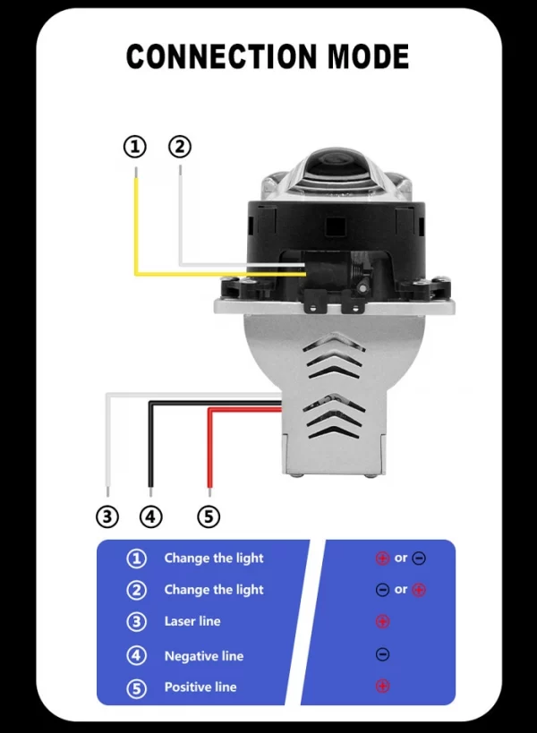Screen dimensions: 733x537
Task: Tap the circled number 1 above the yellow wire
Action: click(x=134, y=146)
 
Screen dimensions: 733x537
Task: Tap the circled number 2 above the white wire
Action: click(x=180, y=146)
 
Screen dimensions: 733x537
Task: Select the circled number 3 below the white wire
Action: click(x=107, y=516)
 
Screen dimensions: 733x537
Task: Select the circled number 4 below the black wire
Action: click(x=151, y=516)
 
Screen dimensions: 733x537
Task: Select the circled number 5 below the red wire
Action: click(x=208, y=516)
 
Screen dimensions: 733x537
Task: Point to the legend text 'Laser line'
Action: click(x=192, y=621)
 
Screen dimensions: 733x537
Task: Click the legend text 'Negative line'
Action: click(x=203, y=656)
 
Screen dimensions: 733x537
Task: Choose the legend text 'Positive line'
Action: click(x=200, y=686)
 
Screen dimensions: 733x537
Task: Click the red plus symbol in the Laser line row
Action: click(x=382, y=621)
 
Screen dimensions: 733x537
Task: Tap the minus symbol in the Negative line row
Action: click(x=382, y=655)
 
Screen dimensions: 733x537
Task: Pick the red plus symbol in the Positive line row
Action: click(x=382, y=686)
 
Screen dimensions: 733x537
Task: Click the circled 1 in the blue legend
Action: click(x=136, y=558)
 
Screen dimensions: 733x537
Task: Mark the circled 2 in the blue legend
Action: click(x=136, y=590)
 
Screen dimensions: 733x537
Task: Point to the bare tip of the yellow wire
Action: click(x=135, y=170)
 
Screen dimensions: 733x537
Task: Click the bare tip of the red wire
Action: click(x=209, y=490)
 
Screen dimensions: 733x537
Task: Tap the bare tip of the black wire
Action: click(x=150, y=490)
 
